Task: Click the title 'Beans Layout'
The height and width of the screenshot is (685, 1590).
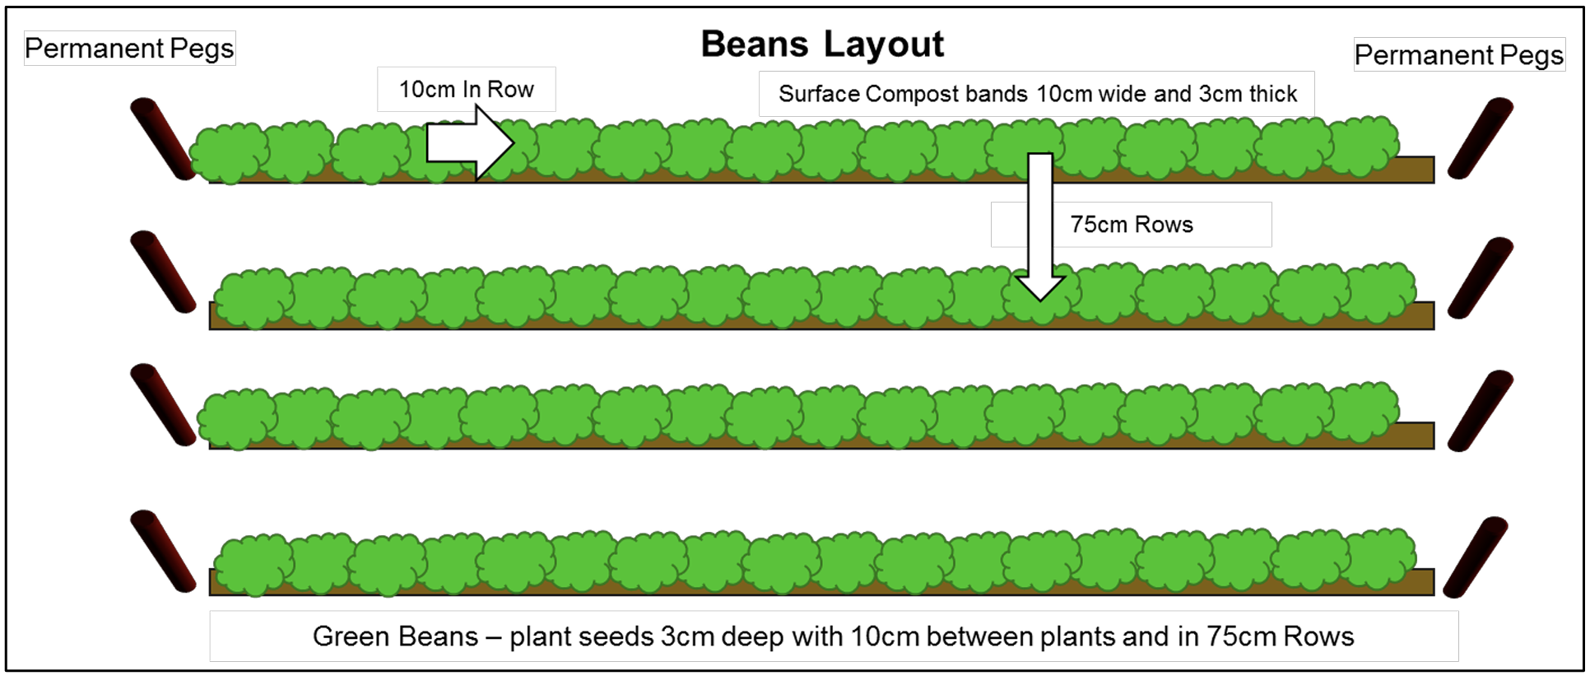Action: (822, 44)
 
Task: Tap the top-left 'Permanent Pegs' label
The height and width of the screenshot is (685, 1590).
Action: (129, 49)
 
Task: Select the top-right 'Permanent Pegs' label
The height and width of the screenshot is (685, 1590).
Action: (1459, 54)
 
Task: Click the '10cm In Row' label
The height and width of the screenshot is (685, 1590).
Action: (467, 89)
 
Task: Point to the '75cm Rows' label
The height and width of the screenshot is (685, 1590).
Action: (1132, 224)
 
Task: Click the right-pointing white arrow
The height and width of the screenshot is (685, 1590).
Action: (470, 143)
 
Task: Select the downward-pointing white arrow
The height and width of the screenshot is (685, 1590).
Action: (1040, 226)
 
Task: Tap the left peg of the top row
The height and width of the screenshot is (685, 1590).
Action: (163, 138)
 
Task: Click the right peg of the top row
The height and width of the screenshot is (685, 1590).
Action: (1481, 137)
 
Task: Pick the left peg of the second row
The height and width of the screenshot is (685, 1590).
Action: (163, 272)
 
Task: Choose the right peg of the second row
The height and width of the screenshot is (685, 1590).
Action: (1481, 277)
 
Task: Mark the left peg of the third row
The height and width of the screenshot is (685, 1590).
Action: (163, 404)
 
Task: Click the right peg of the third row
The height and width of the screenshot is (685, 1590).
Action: (1481, 411)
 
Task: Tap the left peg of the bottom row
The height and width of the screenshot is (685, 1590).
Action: (163, 551)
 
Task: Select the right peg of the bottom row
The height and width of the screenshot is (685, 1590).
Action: (1476, 557)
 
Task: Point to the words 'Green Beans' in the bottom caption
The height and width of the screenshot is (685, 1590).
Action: (395, 636)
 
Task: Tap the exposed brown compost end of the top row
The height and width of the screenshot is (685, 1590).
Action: (1417, 169)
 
